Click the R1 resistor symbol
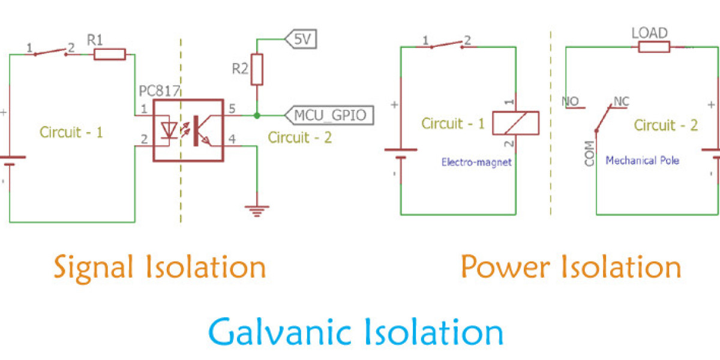[x=110, y=55]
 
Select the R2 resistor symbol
[x=257, y=69]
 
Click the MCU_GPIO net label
[x=329, y=115]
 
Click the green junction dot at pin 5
[x=257, y=115]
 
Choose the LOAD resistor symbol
[x=653, y=46]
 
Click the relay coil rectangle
[x=515, y=122]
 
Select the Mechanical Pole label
[x=642, y=161]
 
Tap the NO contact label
[x=569, y=101]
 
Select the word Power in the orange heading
[x=505, y=266]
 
